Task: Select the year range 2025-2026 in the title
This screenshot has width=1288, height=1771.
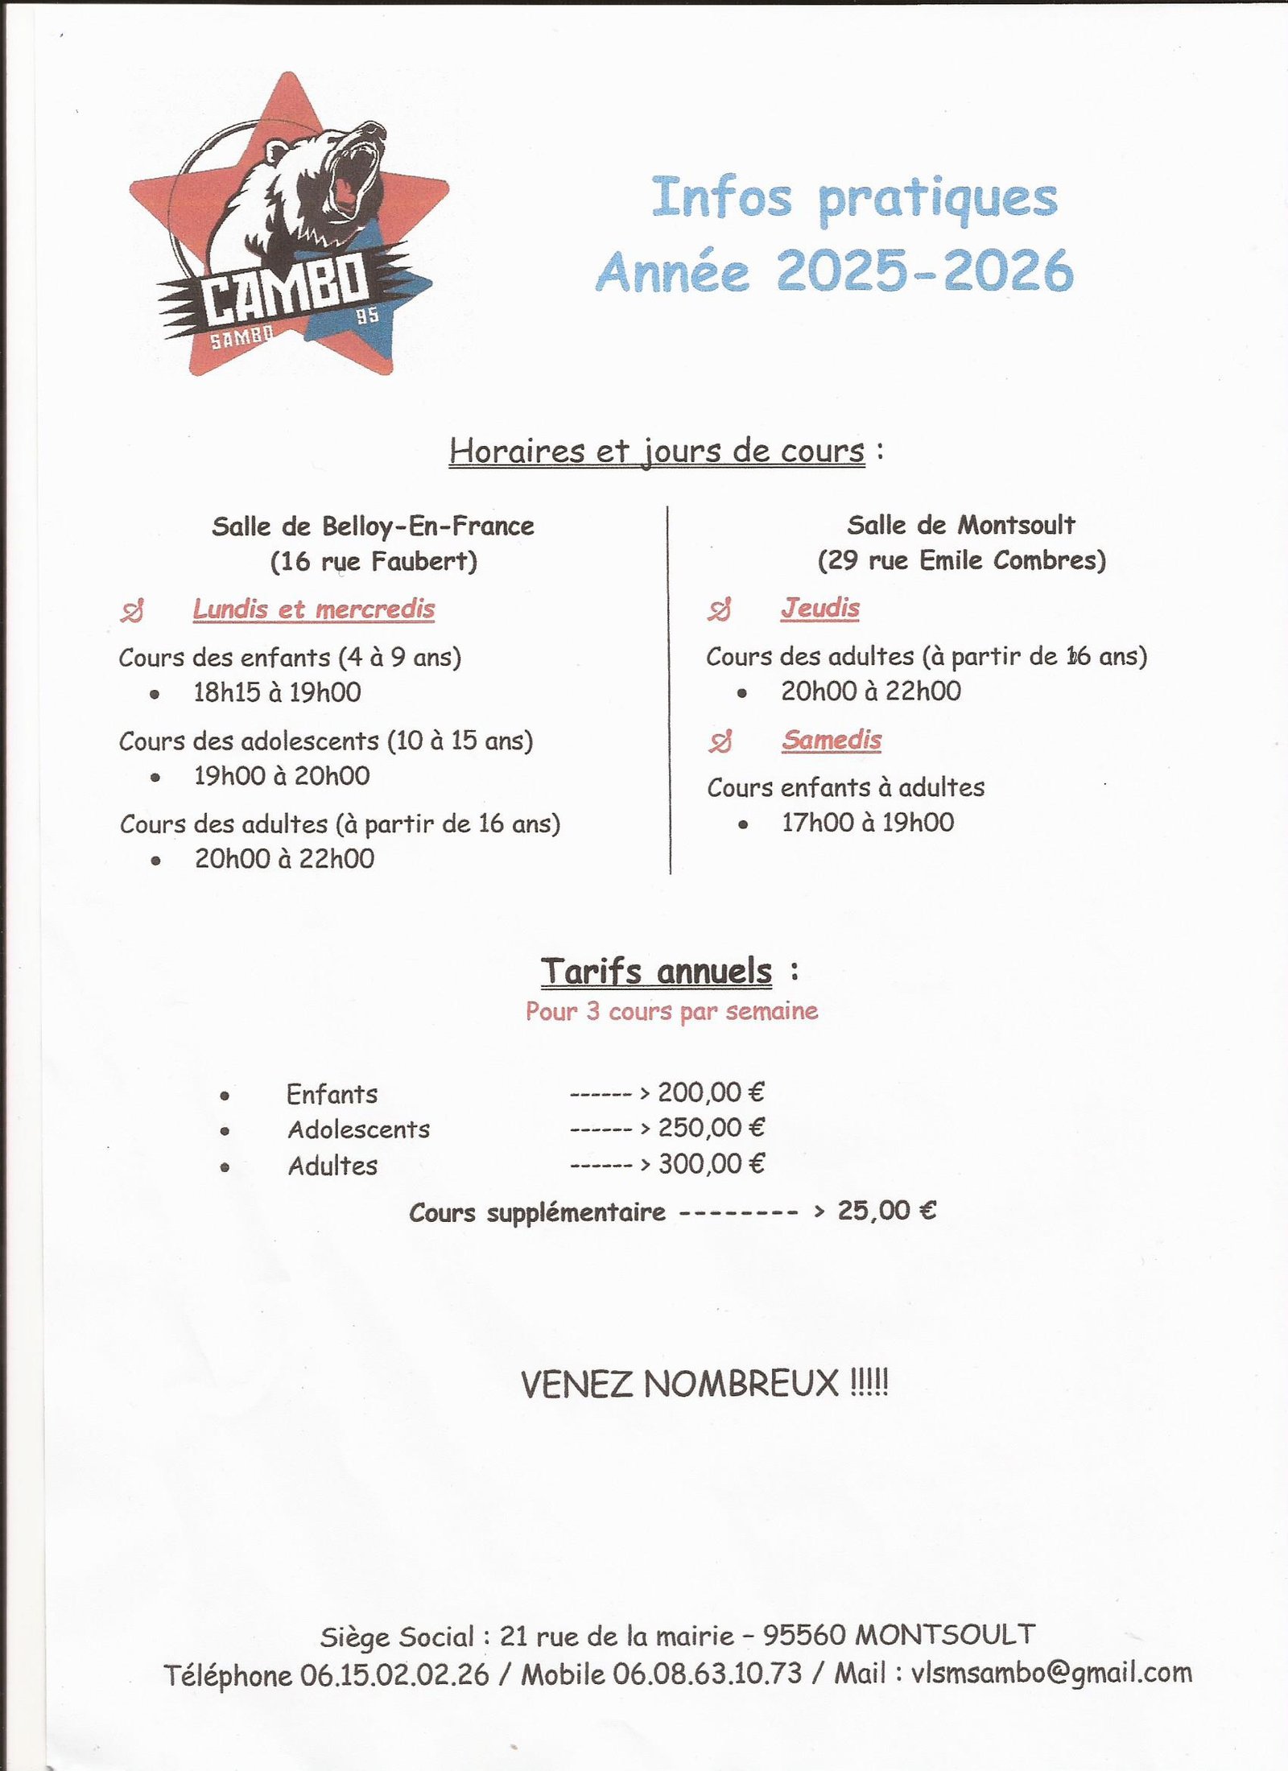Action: (x=924, y=271)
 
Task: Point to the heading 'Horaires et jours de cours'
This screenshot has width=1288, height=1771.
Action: (x=656, y=451)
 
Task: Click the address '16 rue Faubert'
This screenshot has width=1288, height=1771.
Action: (x=374, y=561)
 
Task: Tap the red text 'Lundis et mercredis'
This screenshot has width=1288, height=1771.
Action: (x=313, y=609)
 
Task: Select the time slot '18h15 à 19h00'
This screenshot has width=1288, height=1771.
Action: (x=277, y=692)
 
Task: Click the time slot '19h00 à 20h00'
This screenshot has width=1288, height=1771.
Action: (x=281, y=776)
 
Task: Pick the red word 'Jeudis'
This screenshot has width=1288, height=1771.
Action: (x=819, y=609)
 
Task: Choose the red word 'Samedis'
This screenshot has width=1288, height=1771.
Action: (x=831, y=740)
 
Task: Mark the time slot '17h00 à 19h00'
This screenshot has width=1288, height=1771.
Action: (x=867, y=823)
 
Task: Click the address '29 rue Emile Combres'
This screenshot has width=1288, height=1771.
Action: (x=961, y=560)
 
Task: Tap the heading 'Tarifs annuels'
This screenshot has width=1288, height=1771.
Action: (x=655, y=972)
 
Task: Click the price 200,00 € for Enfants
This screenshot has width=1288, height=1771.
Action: (x=710, y=1092)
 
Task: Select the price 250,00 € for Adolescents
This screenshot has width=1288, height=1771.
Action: (x=710, y=1128)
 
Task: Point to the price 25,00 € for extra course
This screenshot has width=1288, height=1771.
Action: (x=886, y=1211)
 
